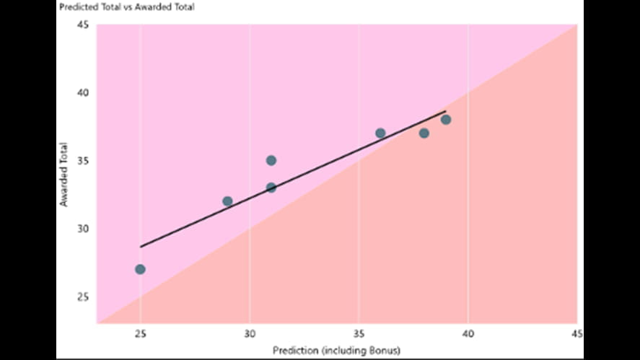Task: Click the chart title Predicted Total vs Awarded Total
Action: point(128,7)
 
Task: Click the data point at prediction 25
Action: point(140,269)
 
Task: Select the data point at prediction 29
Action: point(227,201)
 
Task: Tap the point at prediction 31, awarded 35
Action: point(271,160)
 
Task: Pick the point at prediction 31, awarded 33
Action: point(271,188)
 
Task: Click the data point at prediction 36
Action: point(380,133)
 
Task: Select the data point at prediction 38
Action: point(424,133)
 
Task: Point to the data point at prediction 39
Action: point(446,120)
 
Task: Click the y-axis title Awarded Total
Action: point(64,174)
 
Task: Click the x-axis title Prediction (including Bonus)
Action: point(336,350)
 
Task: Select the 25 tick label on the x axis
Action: point(140,333)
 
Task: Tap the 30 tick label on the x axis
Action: point(250,333)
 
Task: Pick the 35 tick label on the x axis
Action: point(359,333)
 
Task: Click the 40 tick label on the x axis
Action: point(468,333)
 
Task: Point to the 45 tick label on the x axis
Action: point(577,333)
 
